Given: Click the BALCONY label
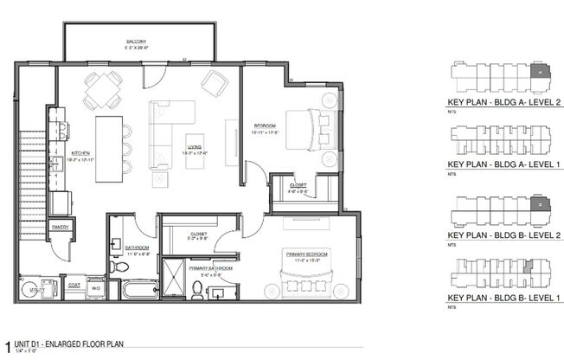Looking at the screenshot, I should click(x=134, y=42).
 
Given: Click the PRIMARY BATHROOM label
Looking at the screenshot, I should click(x=211, y=268).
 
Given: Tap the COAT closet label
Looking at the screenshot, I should click(x=74, y=283).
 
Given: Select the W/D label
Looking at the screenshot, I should click(x=97, y=287).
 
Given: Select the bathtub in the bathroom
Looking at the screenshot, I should click(x=137, y=290).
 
